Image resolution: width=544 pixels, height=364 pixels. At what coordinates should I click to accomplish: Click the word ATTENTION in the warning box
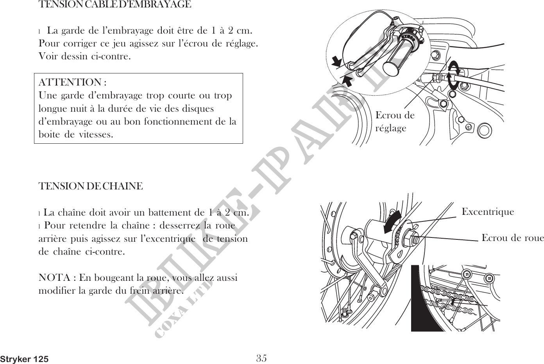pos(70,82)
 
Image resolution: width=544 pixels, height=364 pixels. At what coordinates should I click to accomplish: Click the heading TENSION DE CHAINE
pos(91,186)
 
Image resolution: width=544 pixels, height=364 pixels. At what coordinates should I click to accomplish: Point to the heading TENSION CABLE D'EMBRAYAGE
pos(115,5)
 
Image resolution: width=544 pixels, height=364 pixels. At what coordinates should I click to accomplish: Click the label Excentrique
pos(488,212)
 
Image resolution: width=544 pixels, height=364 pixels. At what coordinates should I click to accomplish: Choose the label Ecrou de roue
pos(512,238)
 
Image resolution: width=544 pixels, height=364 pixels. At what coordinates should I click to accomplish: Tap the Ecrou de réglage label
pos(394,121)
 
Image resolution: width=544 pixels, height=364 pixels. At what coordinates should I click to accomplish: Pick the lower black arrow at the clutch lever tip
pos(347,81)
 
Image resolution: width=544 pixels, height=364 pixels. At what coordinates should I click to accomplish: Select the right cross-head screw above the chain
pos(489,278)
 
